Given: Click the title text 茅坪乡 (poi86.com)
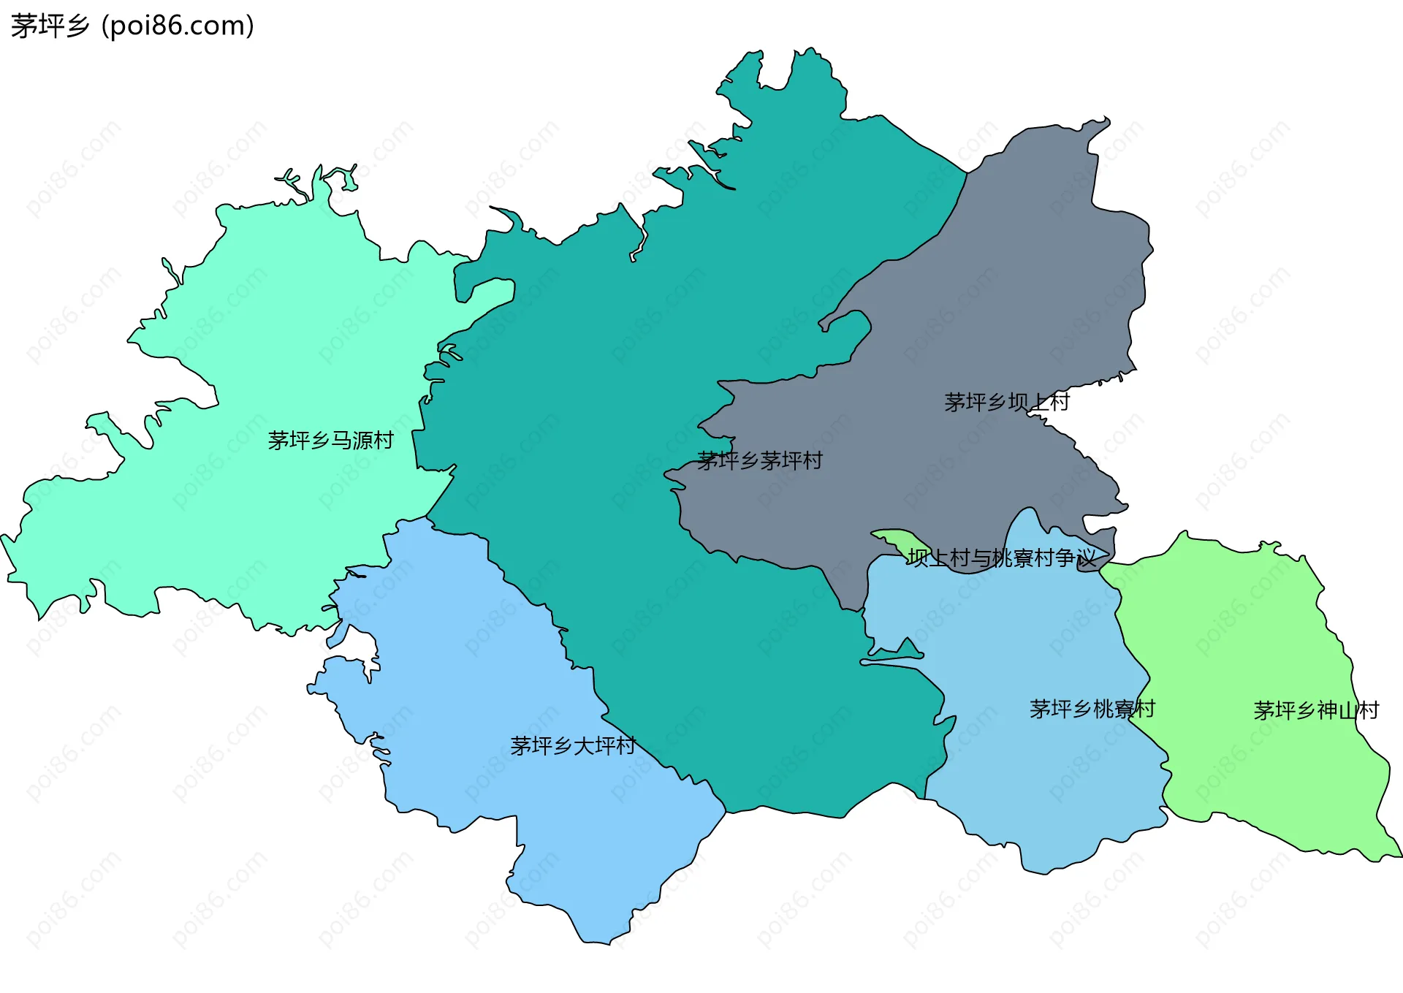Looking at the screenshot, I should tap(132, 26).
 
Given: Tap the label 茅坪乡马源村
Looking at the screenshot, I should tap(330, 440).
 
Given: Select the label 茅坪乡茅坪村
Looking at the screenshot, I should tap(759, 460).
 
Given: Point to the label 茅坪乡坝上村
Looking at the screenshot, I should tap(1006, 402).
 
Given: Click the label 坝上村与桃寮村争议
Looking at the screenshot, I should tap(1002, 558).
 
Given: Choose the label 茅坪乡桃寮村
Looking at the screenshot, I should tap(1092, 709).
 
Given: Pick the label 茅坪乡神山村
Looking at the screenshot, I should tap(1315, 710).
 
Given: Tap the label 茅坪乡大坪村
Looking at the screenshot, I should tap(572, 746).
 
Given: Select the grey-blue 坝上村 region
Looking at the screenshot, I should tap(1023, 292).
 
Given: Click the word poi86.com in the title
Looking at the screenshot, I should tap(178, 26).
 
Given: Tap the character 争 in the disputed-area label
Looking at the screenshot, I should tap(1065, 558).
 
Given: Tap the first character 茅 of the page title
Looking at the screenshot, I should tap(23, 26).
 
